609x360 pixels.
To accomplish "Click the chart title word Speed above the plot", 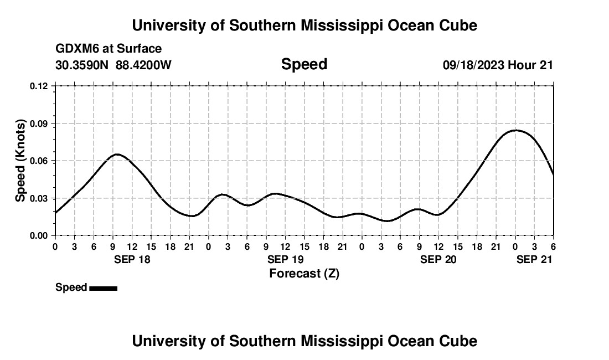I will (x=304, y=64).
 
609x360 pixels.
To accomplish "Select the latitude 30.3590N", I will (x=83, y=65).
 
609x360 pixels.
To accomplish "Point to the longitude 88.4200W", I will (x=144, y=65).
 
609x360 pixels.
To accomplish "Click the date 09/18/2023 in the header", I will (x=473, y=65).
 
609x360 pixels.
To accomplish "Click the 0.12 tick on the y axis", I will (x=39, y=86).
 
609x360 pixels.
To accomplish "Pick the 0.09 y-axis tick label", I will (x=39, y=124).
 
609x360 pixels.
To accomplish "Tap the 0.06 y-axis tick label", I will (x=39, y=161).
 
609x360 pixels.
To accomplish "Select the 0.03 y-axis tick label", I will (x=39, y=198).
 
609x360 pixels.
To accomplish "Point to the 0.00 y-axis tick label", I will (x=39, y=235).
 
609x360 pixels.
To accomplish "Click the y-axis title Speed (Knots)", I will (x=20, y=161).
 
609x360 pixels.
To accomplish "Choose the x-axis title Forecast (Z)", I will (x=304, y=273).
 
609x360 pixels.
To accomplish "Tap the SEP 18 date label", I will (x=132, y=259).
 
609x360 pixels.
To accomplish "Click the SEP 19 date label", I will (x=285, y=259).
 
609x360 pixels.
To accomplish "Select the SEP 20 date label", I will (x=438, y=259).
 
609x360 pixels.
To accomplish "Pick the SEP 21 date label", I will (x=534, y=259).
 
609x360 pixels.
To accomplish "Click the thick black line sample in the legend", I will (x=103, y=288).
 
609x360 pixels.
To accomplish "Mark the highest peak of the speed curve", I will (x=515, y=130).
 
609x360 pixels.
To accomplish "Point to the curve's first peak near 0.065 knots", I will (x=116, y=154).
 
